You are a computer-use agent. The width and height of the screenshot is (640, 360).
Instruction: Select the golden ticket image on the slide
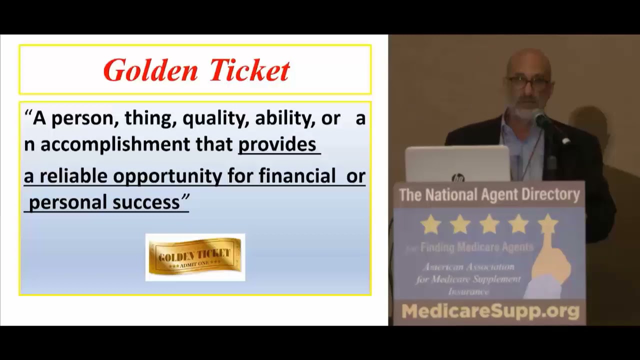pos(195,256)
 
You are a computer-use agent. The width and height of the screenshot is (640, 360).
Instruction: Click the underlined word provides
pos(277,144)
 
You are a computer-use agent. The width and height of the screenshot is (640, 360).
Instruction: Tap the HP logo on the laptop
pos(457,177)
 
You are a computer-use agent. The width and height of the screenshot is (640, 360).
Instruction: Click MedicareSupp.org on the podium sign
pos(490,311)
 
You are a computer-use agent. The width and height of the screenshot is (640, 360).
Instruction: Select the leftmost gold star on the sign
pos(430,225)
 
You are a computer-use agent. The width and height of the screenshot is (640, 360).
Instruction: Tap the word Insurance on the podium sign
pos(468,291)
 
